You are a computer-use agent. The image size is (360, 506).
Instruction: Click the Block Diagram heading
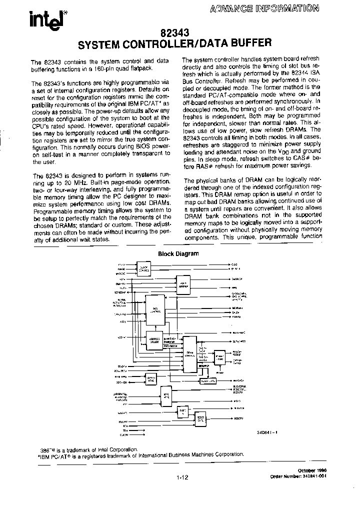pyautogui.click(x=178, y=253)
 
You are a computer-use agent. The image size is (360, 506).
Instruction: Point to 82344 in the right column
pyautogui.click(x=300, y=73)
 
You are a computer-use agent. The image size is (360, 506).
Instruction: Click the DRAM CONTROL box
pyautogui.click(x=190, y=353)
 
